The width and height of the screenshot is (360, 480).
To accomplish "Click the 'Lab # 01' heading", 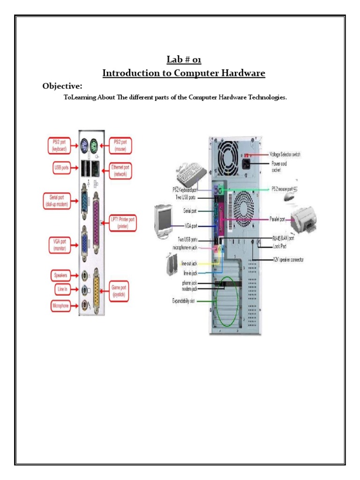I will click(x=184, y=60).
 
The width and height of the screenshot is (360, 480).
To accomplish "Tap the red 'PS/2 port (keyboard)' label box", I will click(x=60, y=145).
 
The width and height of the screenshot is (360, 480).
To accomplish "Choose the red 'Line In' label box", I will click(x=62, y=290).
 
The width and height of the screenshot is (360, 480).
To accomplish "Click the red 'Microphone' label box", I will click(x=62, y=306).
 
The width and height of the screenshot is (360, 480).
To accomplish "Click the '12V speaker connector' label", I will click(x=293, y=259).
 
